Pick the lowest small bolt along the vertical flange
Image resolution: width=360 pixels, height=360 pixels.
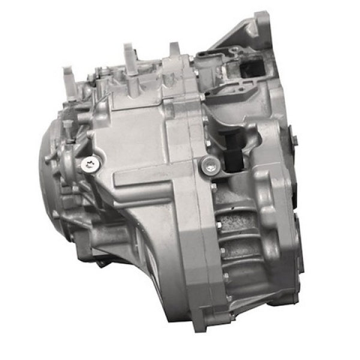225,277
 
